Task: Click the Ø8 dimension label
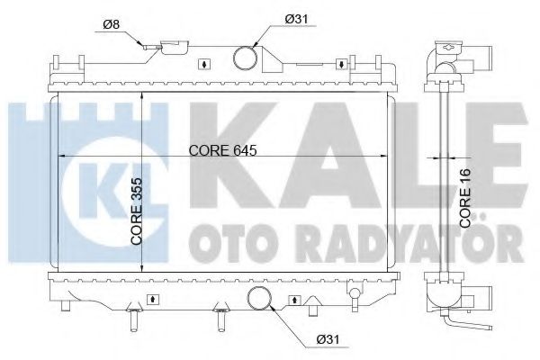(111, 24)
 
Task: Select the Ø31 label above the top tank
(296, 19)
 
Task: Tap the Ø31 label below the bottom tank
(328, 339)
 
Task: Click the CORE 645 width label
(223, 150)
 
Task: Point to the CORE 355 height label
(137, 211)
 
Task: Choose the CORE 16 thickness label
(465, 198)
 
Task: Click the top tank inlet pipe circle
(245, 58)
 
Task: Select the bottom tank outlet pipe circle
(259, 298)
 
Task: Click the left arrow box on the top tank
(204, 64)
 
